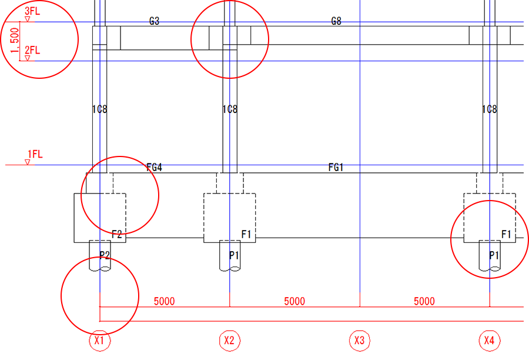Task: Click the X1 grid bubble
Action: pos(100,341)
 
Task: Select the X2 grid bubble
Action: pos(230,341)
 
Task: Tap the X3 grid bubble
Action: pos(360,341)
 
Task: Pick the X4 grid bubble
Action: pos(490,341)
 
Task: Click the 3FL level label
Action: pos(32,11)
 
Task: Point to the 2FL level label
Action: pos(32,50)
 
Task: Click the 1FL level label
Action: pos(35,154)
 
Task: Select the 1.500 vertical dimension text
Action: pos(15,40)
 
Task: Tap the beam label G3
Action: pos(154,21)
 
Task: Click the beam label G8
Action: pos(336,21)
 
